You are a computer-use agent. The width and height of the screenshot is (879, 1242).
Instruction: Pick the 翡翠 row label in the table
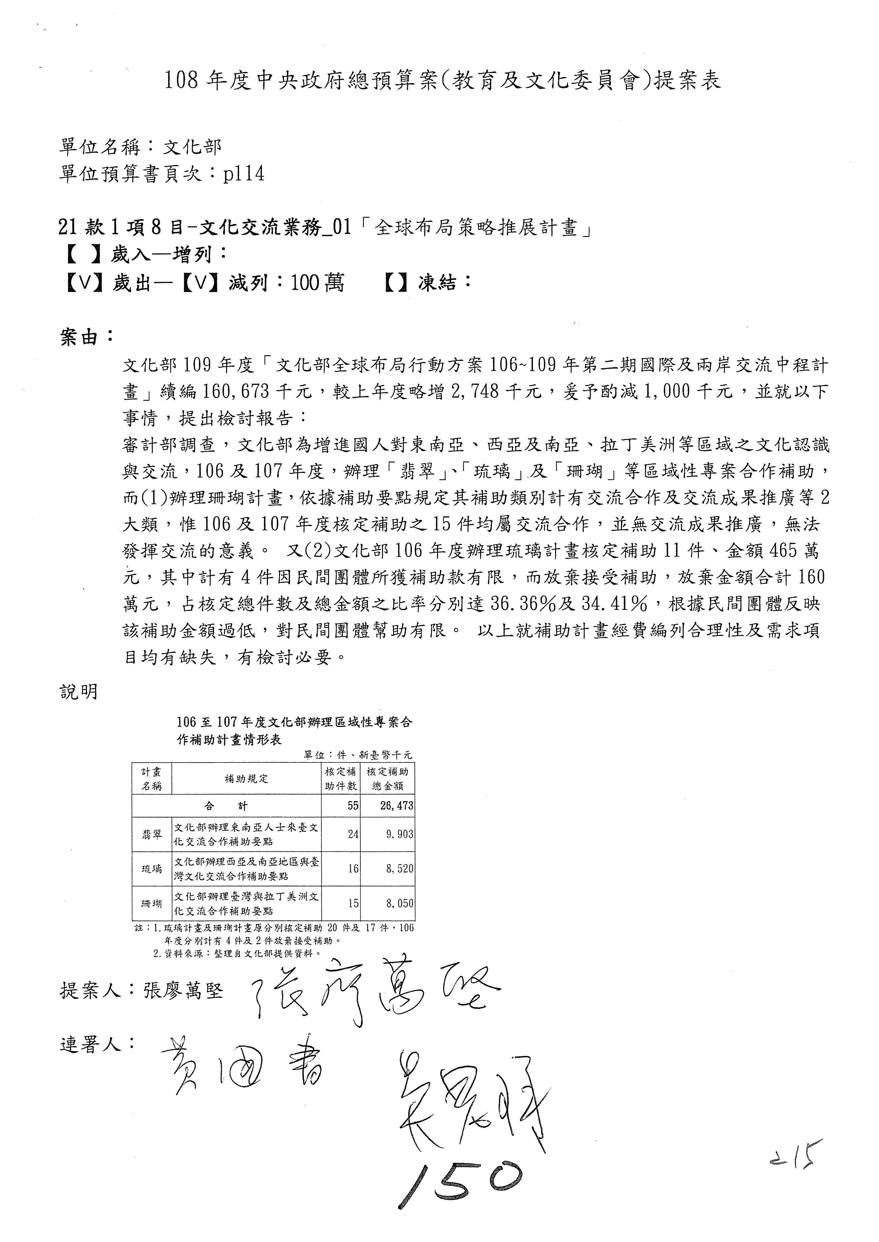point(152,835)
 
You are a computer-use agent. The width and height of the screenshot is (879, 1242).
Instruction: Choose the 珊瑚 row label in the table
point(152,903)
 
